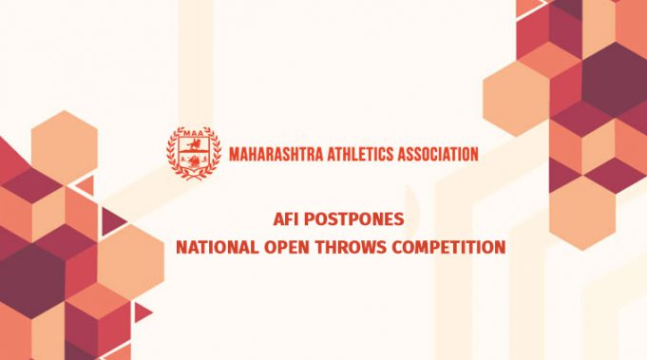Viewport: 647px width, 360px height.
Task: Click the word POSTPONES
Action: (x=356, y=219)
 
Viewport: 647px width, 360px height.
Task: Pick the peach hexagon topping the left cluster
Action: (x=64, y=142)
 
